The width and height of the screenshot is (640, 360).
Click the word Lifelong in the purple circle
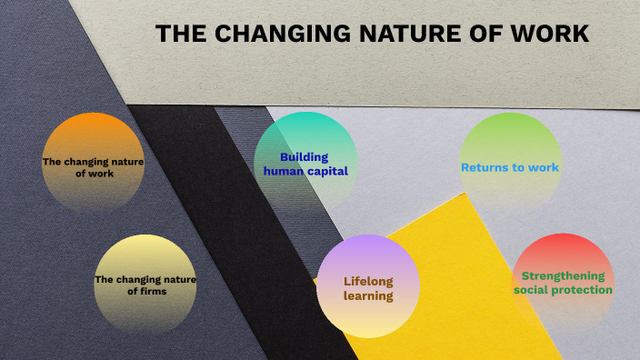click(x=368, y=281)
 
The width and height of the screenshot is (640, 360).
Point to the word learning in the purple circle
click(x=368, y=295)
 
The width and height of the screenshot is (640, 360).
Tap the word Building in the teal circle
click(x=304, y=156)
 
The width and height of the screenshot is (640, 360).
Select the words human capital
click(x=305, y=171)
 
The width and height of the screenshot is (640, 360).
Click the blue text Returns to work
click(x=509, y=167)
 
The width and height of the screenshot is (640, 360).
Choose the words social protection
click(x=563, y=290)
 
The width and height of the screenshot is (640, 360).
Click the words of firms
click(x=145, y=292)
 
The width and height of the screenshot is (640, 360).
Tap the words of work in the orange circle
click(x=95, y=174)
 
